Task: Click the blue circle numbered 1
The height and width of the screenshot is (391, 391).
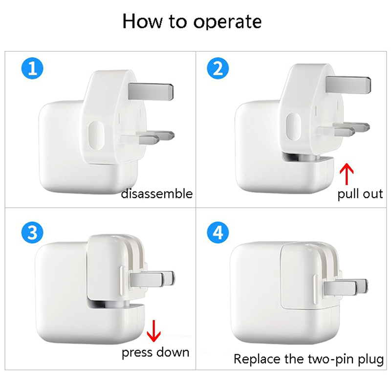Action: pyautogui.click(x=32, y=68)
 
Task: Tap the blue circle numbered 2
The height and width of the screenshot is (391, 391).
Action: pyautogui.click(x=218, y=68)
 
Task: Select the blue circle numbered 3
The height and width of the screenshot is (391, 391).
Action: pyautogui.click(x=32, y=233)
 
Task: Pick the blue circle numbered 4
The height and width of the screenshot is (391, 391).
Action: pyautogui.click(x=218, y=233)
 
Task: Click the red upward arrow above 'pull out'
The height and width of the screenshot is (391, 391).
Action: pyautogui.click(x=347, y=174)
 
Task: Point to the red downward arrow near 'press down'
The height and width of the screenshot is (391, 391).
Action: pyautogui.click(x=153, y=331)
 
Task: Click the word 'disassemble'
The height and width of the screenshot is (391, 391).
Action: pyautogui.click(x=157, y=194)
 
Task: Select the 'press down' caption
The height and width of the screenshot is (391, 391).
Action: pyautogui.click(x=155, y=353)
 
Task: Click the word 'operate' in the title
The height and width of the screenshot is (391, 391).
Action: pyautogui.click(x=227, y=22)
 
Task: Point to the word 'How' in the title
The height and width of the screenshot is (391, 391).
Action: pyautogui.click(x=142, y=21)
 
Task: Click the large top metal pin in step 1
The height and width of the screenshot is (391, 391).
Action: pyautogui.click(x=151, y=91)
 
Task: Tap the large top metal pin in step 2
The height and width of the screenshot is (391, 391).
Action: pyautogui.click(x=348, y=85)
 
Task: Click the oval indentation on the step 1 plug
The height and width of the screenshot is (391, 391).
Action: pyautogui.click(x=96, y=136)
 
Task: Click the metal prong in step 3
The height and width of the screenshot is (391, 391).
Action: pyautogui.click(x=152, y=279)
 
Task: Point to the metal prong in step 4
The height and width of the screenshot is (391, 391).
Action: pyautogui.click(x=346, y=287)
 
